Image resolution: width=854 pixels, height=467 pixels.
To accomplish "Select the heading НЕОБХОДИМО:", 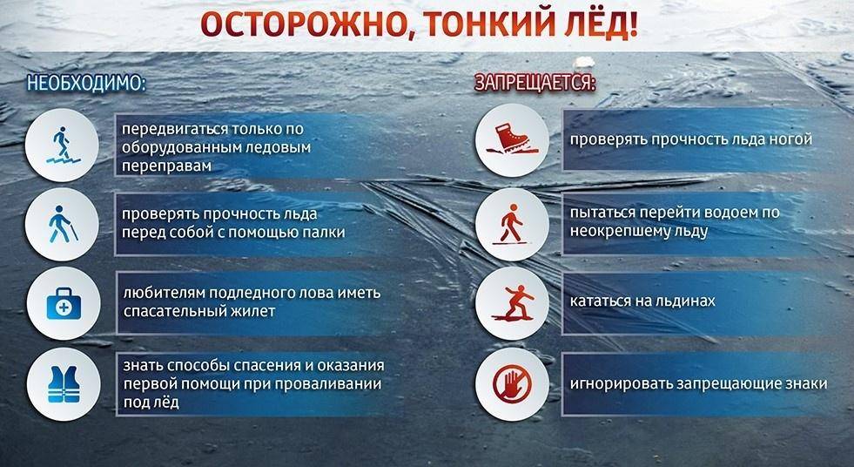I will coord(84,84).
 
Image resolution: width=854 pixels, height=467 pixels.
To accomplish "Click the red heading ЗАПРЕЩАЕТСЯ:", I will coord(534,84).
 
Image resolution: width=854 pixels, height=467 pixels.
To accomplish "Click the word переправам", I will coord(165,165).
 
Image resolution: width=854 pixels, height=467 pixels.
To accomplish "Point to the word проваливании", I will coord(333,383).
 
